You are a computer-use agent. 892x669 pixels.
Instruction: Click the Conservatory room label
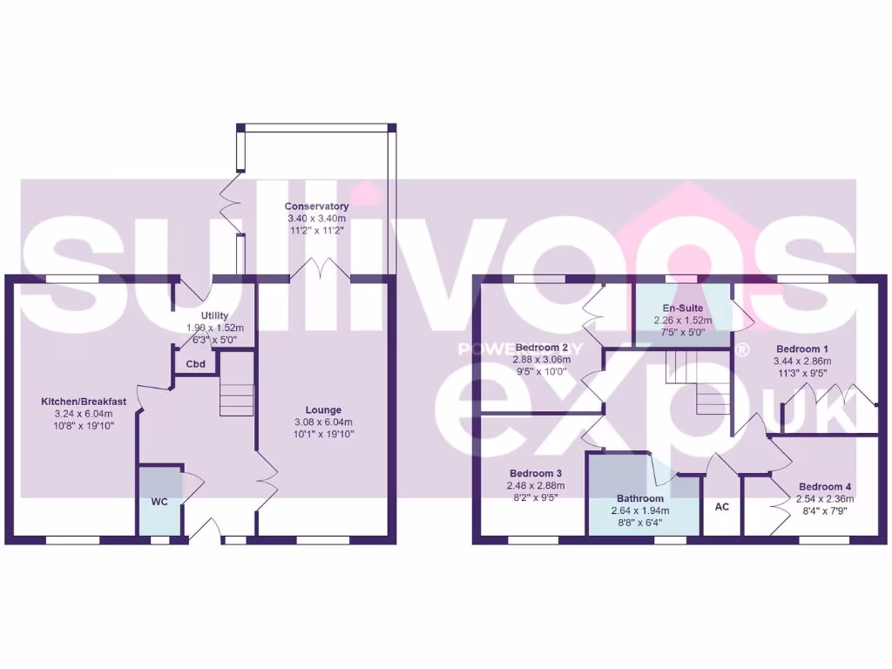click(317, 206)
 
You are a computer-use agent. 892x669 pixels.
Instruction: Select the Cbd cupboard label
click(196, 364)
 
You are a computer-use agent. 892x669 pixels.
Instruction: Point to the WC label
click(159, 503)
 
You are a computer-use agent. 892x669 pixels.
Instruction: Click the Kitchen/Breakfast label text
click(84, 402)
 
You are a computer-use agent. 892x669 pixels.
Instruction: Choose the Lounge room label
click(323, 409)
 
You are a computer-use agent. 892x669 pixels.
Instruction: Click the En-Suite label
click(682, 308)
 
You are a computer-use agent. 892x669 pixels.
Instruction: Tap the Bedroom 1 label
click(802, 348)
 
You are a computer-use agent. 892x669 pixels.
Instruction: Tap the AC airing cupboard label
click(721, 507)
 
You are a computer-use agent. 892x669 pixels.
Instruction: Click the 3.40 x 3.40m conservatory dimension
click(317, 218)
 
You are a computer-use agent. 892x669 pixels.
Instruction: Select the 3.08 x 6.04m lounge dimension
click(323, 422)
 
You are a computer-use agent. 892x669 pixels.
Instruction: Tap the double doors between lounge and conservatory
click(321, 268)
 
